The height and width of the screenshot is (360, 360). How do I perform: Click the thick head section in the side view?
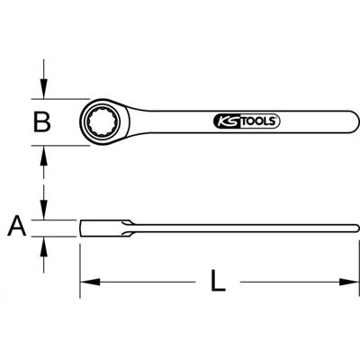click(103, 225)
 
